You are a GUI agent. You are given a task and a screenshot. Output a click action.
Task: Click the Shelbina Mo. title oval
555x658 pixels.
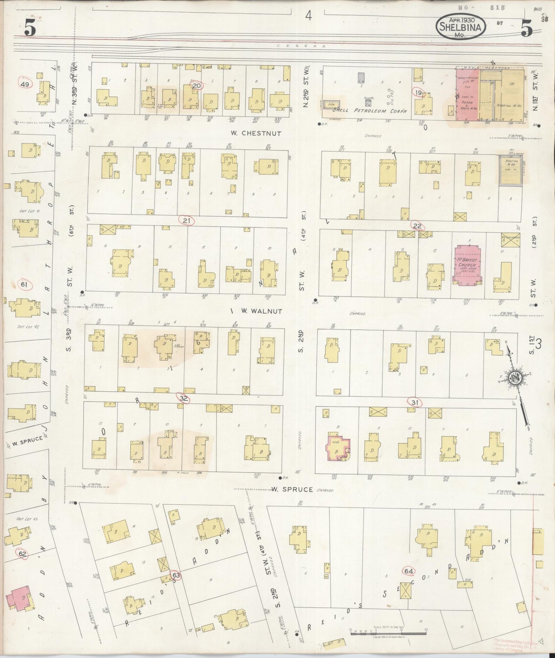click(x=461, y=27)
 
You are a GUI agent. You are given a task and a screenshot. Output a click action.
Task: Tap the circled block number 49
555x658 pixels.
click(x=25, y=84)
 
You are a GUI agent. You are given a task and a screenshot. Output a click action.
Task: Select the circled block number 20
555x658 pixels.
click(x=197, y=86)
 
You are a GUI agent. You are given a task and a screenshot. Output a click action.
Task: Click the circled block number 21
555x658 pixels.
click(x=187, y=221)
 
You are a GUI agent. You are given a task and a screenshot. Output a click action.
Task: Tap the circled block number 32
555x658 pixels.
click(x=184, y=398)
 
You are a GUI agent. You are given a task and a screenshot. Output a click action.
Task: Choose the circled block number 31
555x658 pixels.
click(x=414, y=402)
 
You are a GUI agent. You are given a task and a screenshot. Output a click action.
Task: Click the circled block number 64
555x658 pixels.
click(x=409, y=571)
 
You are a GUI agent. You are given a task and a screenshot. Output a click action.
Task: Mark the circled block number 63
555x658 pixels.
click(x=176, y=575)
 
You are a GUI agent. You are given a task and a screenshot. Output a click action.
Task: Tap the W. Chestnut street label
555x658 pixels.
click(x=256, y=134)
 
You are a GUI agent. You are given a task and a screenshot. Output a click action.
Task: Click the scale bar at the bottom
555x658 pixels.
click(x=388, y=630)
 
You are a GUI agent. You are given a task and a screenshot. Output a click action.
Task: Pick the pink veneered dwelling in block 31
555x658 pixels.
click(x=338, y=446)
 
